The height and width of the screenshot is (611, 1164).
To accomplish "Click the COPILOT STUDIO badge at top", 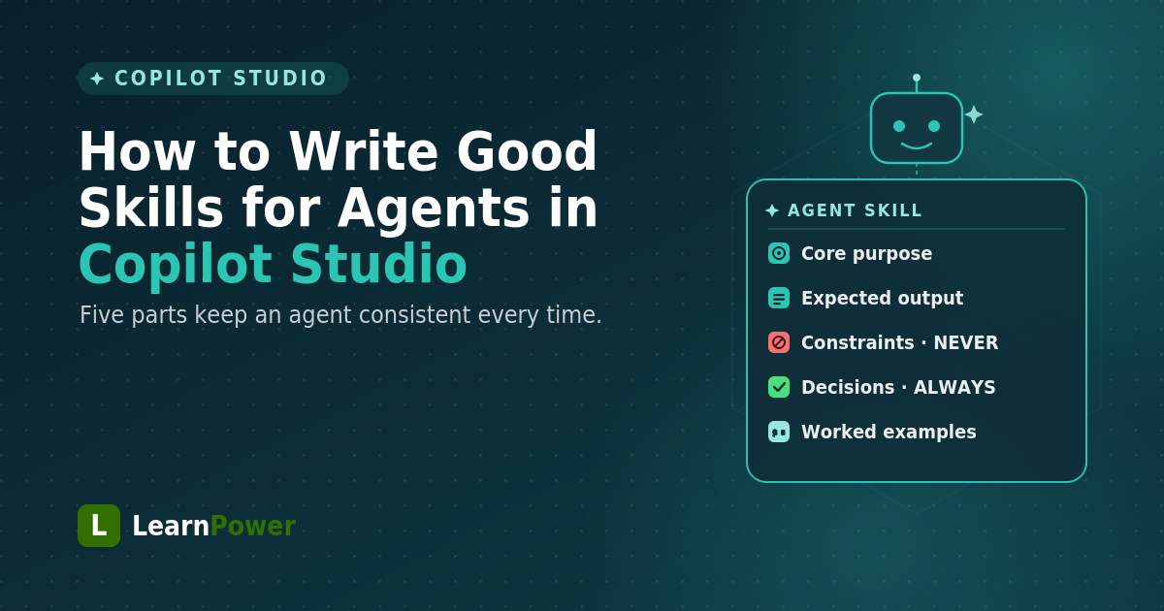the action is tap(213, 79).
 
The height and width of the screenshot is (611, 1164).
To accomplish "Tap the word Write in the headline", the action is tap(364, 151).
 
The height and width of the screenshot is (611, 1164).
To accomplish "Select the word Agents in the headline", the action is tap(435, 209).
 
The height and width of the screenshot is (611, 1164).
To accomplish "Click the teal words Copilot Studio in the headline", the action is tap(273, 265).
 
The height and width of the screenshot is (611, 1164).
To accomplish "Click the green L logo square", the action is tap(99, 526).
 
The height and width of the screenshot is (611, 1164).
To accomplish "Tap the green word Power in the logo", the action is tap(253, 526).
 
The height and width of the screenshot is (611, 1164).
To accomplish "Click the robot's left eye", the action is tap(899, 126).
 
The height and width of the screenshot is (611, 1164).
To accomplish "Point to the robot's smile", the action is tap(916, 145).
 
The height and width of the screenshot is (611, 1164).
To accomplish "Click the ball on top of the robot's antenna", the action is tap(917, 78).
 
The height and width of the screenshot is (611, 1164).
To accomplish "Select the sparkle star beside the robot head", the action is tap(974, 114).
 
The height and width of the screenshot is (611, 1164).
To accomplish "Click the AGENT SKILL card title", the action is tap(855, 210).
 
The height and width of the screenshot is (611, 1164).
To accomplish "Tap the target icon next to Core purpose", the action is tap(779, 253).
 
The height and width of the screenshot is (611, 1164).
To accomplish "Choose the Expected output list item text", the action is tap(883, 299).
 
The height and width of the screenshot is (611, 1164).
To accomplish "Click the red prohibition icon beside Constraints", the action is tap(779, 342).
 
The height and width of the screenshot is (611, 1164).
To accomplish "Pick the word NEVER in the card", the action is tap(966, 343).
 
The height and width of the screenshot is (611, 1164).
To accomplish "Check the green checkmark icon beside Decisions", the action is tap(779, 387).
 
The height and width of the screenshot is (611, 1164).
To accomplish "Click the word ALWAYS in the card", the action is tap(954, 388).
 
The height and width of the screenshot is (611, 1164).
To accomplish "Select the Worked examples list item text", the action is tap(889, 432).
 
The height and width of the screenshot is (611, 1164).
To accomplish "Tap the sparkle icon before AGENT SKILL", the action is tap(772, 210).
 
